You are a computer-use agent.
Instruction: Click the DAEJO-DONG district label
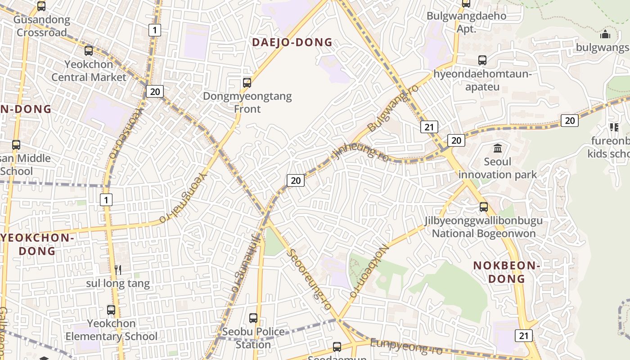tap(292, 43)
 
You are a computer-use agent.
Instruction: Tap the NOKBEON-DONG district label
tap(507, 272)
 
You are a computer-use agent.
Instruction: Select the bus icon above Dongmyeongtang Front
tap(247, 83)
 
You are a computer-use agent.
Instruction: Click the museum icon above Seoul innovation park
tap(498, 148)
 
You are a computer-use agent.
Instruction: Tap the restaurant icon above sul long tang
tap(118, 270)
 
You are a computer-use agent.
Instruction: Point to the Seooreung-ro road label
tap(310, 279)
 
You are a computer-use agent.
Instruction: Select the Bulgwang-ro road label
tap(393, 108)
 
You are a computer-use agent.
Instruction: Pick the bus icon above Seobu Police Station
tap(253, 318)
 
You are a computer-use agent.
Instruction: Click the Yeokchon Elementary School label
tap(112, 330)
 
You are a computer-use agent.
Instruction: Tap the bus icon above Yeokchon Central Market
tap(89, 51)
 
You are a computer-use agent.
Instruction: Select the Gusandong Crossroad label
tap(42, 26)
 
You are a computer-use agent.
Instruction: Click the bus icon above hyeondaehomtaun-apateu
tap(482, 60)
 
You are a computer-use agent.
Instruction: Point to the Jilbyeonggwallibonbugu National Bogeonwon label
tap(484, 227)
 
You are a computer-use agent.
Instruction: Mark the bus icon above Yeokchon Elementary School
tap(111, 310)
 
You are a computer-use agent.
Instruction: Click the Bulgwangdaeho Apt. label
tap(466, 22)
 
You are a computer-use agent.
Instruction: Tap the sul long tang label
tap(118, 283)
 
